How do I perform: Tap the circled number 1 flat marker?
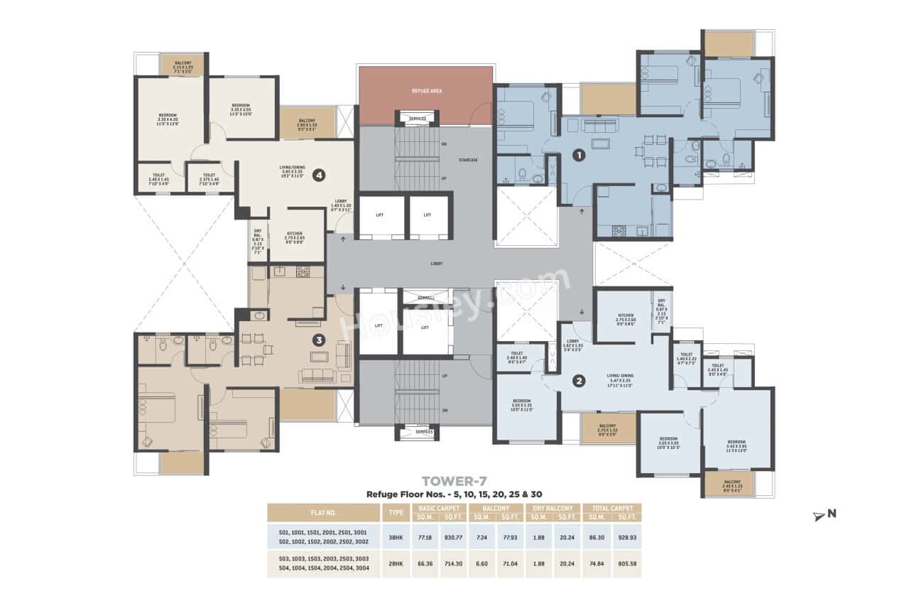579,154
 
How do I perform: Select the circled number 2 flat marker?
579,382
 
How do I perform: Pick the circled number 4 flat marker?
320,173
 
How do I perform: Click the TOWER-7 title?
454,481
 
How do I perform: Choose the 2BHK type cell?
396,563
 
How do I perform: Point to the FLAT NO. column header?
323,512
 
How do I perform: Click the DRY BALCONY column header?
552,508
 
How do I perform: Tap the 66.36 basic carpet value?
425,563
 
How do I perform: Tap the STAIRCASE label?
468,160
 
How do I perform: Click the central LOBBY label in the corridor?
436,264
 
